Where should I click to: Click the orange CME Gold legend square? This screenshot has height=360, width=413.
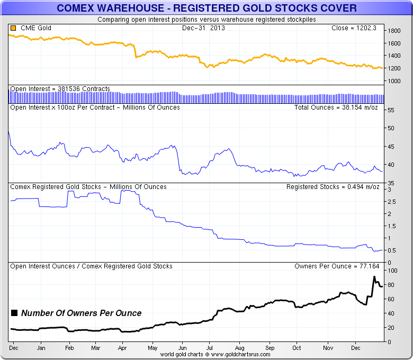(13, 28)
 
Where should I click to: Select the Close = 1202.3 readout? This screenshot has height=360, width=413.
(354, 28)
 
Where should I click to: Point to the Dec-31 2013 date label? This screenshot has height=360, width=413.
(203, 28)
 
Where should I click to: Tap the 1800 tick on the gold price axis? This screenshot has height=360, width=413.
(394, 31)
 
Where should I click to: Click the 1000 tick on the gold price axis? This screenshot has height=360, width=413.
(394, 81)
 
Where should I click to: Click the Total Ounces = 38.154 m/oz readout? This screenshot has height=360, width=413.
(335, 107)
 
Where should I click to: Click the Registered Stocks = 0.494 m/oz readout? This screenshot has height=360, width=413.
(331, 187)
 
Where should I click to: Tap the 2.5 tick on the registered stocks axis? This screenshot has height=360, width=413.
(392, 202)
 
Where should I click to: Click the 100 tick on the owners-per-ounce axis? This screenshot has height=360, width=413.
(393, 271)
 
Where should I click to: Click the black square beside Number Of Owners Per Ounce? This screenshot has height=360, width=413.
(14, 313)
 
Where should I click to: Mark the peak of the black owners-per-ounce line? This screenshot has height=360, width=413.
(374, 277)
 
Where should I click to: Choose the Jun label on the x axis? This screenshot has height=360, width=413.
(182, 348)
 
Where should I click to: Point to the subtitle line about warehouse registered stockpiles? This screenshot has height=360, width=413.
(206, 20)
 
